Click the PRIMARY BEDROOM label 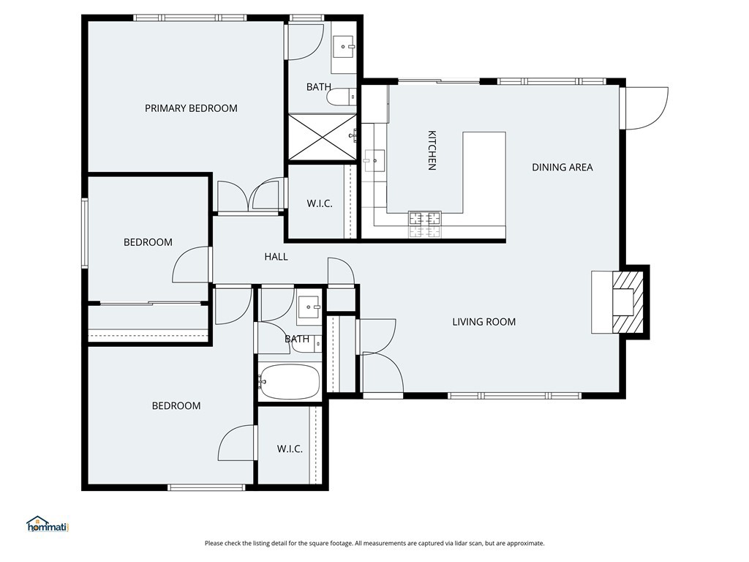[191, 108]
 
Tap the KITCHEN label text [432, 150]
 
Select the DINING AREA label [562, 168]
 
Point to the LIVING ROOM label [484, 322]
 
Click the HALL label [276, 257]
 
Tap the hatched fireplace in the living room [628, 302]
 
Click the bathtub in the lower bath [288, 382]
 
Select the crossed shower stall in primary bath [323, 137]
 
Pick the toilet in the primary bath [342, 97]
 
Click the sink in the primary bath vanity [344, 46]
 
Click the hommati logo [48, 524]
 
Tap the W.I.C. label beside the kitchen [320, 204]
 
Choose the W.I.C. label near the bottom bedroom [290, 449]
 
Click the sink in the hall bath [309, 307]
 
